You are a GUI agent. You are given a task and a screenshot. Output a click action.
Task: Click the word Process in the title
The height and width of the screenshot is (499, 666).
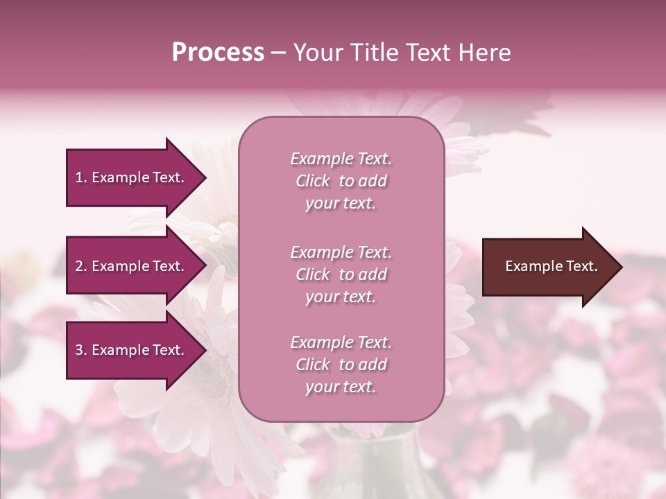[218, 53]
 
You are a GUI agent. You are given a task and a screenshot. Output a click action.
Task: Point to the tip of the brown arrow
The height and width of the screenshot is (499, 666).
[620, 267]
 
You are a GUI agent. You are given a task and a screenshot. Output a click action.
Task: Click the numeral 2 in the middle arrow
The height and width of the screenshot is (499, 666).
[79, 266]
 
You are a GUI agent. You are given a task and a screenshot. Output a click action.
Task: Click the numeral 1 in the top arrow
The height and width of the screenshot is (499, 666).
[79, 177]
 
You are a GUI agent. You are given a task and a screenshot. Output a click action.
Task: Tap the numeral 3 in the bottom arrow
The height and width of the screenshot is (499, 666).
[79, 350]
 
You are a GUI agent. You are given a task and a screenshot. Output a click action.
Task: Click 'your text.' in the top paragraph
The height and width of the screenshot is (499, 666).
[341, 204]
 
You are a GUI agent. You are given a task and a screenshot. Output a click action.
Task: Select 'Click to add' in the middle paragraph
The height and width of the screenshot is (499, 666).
[341, 274]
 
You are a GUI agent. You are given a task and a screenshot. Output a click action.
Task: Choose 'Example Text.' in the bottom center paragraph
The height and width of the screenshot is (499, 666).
[341, 342]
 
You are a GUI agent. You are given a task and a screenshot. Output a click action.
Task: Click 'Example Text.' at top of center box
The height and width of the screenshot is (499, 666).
[341, 159]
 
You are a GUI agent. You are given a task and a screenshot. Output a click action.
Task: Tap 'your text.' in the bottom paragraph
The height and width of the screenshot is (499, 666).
[341, 387]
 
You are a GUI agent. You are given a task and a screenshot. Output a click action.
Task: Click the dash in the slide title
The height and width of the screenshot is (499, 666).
[278, 53]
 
